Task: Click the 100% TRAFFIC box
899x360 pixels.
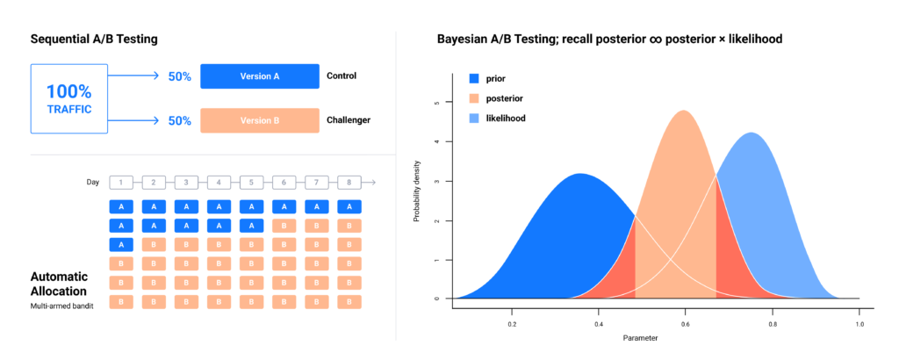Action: pos(68,98)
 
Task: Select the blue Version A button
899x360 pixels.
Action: pos(259,76)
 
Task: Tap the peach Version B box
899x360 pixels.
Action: pos(259,120)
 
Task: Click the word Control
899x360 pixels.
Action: pos(341,76)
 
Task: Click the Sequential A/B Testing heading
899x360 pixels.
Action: pos(94,40)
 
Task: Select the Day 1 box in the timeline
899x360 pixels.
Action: pos(121,183)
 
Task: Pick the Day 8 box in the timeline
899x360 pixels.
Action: pos(349,183)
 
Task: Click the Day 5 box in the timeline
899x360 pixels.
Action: pos(251,183)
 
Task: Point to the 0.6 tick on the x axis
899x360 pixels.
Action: pos(685,324)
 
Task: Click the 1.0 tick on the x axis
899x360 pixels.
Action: pos(859,324)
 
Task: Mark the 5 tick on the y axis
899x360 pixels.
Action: pos(437,102)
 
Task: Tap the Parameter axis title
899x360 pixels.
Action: pos(642,339)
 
